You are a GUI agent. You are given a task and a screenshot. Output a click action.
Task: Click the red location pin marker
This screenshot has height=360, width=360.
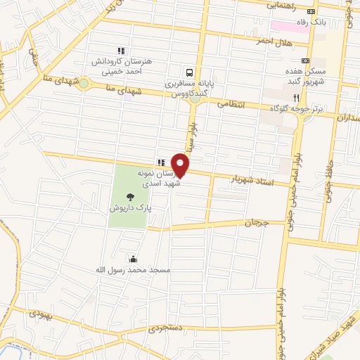[x=181, y=164]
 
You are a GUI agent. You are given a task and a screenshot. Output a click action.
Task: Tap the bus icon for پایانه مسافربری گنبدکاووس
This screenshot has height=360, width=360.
[x=189, y=72]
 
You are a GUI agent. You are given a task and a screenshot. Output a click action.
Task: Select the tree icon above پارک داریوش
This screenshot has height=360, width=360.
[x=129, y=198]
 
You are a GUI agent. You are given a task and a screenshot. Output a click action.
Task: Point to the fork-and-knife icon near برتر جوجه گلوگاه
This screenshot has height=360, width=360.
[x=296, y=97]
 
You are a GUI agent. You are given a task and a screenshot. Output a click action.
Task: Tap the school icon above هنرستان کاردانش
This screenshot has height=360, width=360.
[x=121, y=51]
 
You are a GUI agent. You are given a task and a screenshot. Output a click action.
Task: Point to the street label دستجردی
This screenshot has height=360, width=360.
[x=165, y=328]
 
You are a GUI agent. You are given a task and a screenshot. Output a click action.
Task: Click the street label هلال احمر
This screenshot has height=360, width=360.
[x=253, y=41]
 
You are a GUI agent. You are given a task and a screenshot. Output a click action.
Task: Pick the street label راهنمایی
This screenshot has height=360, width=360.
[x=282, y=4]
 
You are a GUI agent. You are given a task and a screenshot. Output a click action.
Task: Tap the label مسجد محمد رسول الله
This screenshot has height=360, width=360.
[x=133, y=270]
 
